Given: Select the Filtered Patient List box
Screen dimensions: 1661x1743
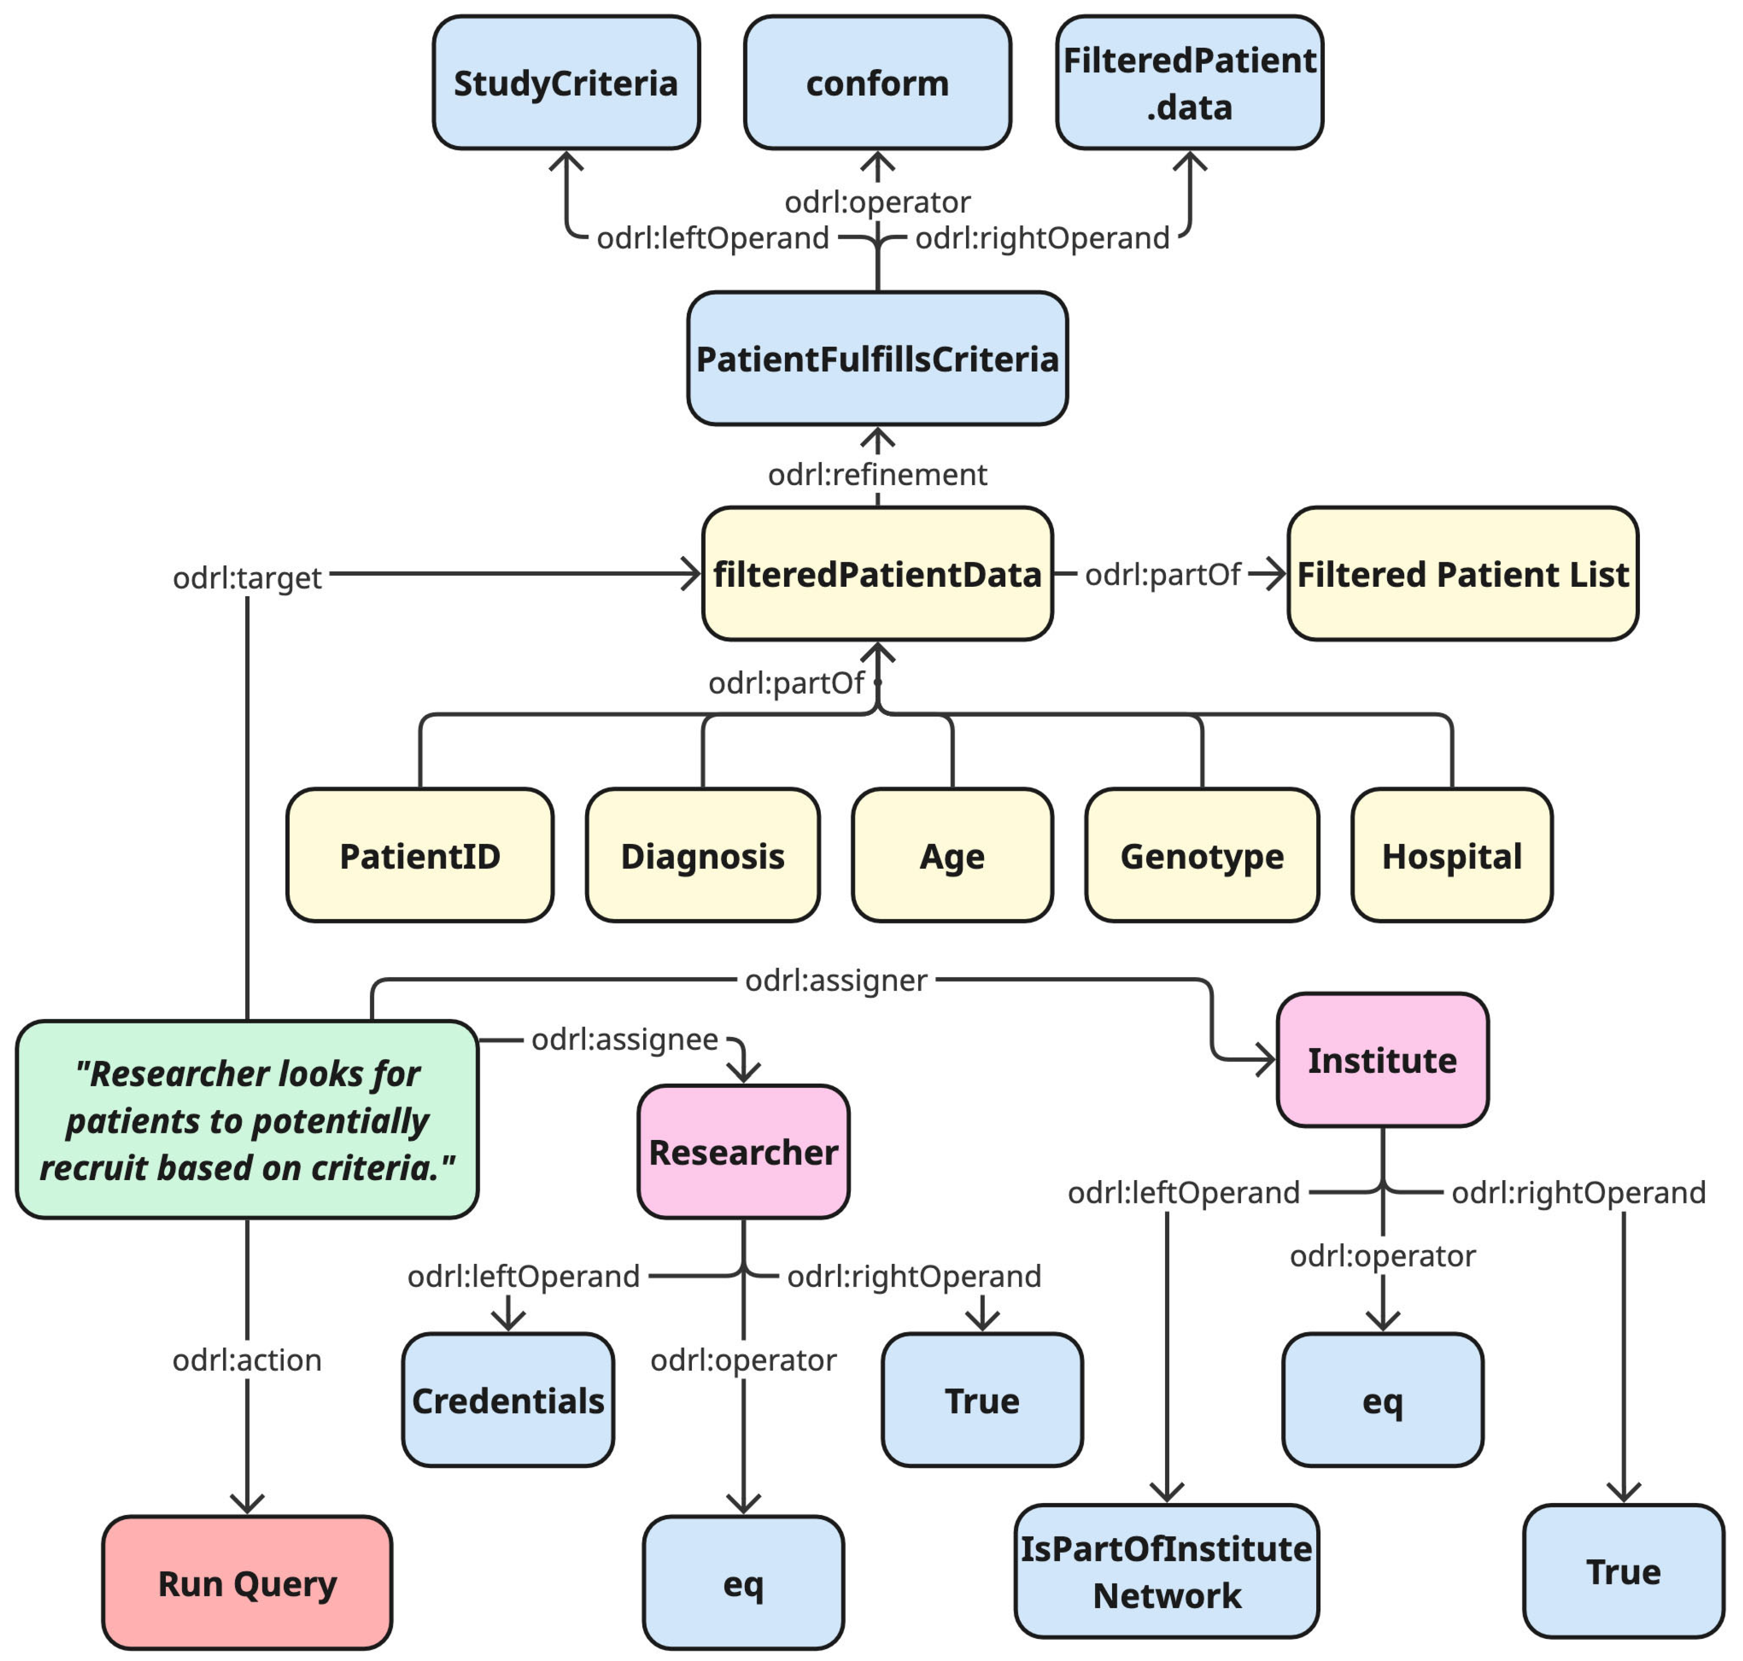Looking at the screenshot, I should (1462, 574).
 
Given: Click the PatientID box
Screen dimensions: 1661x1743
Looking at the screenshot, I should (420, 855).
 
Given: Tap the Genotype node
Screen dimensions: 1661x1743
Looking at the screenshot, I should (1201, 855).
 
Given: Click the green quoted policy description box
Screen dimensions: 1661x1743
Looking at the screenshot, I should (247, 1119).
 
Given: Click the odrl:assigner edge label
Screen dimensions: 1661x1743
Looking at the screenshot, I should (836, 980).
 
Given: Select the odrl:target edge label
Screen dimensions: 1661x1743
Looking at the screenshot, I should (247, 577).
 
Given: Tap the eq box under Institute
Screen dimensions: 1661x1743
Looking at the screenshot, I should (1382, 1400).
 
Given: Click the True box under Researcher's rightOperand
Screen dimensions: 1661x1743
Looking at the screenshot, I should (982, 1400).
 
